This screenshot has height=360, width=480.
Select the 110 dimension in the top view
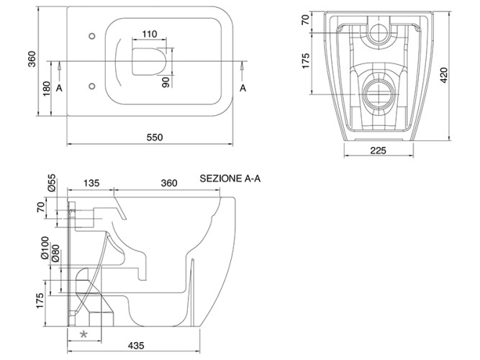point(150,34)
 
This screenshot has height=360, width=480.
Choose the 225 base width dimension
point(379,150)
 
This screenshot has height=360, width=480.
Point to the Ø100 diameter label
point(44,247)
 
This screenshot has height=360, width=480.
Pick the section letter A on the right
point(244,88)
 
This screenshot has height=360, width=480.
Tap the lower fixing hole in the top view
point(91,85)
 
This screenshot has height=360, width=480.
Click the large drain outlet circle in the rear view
point(379,92)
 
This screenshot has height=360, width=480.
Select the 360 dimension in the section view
point(168,184)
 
